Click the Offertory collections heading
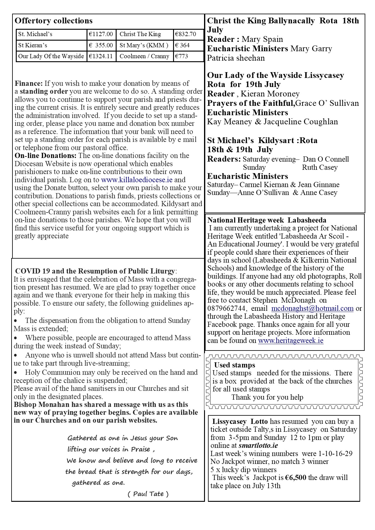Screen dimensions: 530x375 point(53,21)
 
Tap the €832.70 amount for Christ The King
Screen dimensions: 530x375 point(186,34)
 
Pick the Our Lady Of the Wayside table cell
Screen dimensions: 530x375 point(51,56)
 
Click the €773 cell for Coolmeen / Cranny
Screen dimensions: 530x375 point(182,56)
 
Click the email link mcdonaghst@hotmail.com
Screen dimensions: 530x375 point(312,309)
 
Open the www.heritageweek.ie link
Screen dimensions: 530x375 point(291,341)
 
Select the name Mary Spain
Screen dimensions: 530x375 point(262,39)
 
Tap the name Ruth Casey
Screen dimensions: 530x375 point(319,168)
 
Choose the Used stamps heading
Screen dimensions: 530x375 point(234,365)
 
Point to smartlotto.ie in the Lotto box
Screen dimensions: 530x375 point(258,446)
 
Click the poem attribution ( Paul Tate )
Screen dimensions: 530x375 point(148,494)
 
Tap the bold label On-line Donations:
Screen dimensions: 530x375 point(46,156)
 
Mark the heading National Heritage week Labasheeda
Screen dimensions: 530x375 point(267,220)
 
